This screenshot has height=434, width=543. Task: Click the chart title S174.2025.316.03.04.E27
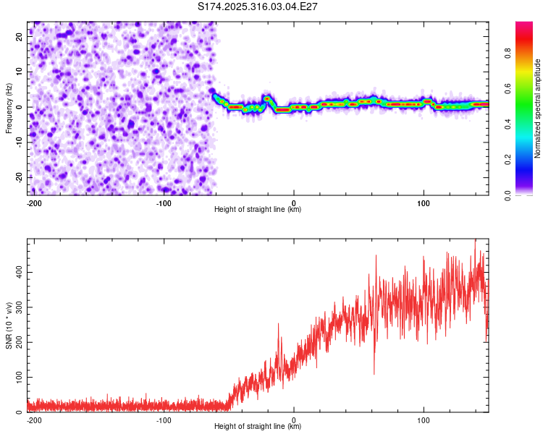258,7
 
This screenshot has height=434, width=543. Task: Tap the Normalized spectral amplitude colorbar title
538,109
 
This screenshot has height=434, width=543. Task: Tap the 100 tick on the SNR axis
18,378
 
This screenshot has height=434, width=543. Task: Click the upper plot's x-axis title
258,210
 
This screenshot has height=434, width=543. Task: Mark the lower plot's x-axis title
258,427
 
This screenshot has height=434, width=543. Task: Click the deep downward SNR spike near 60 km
374,372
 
